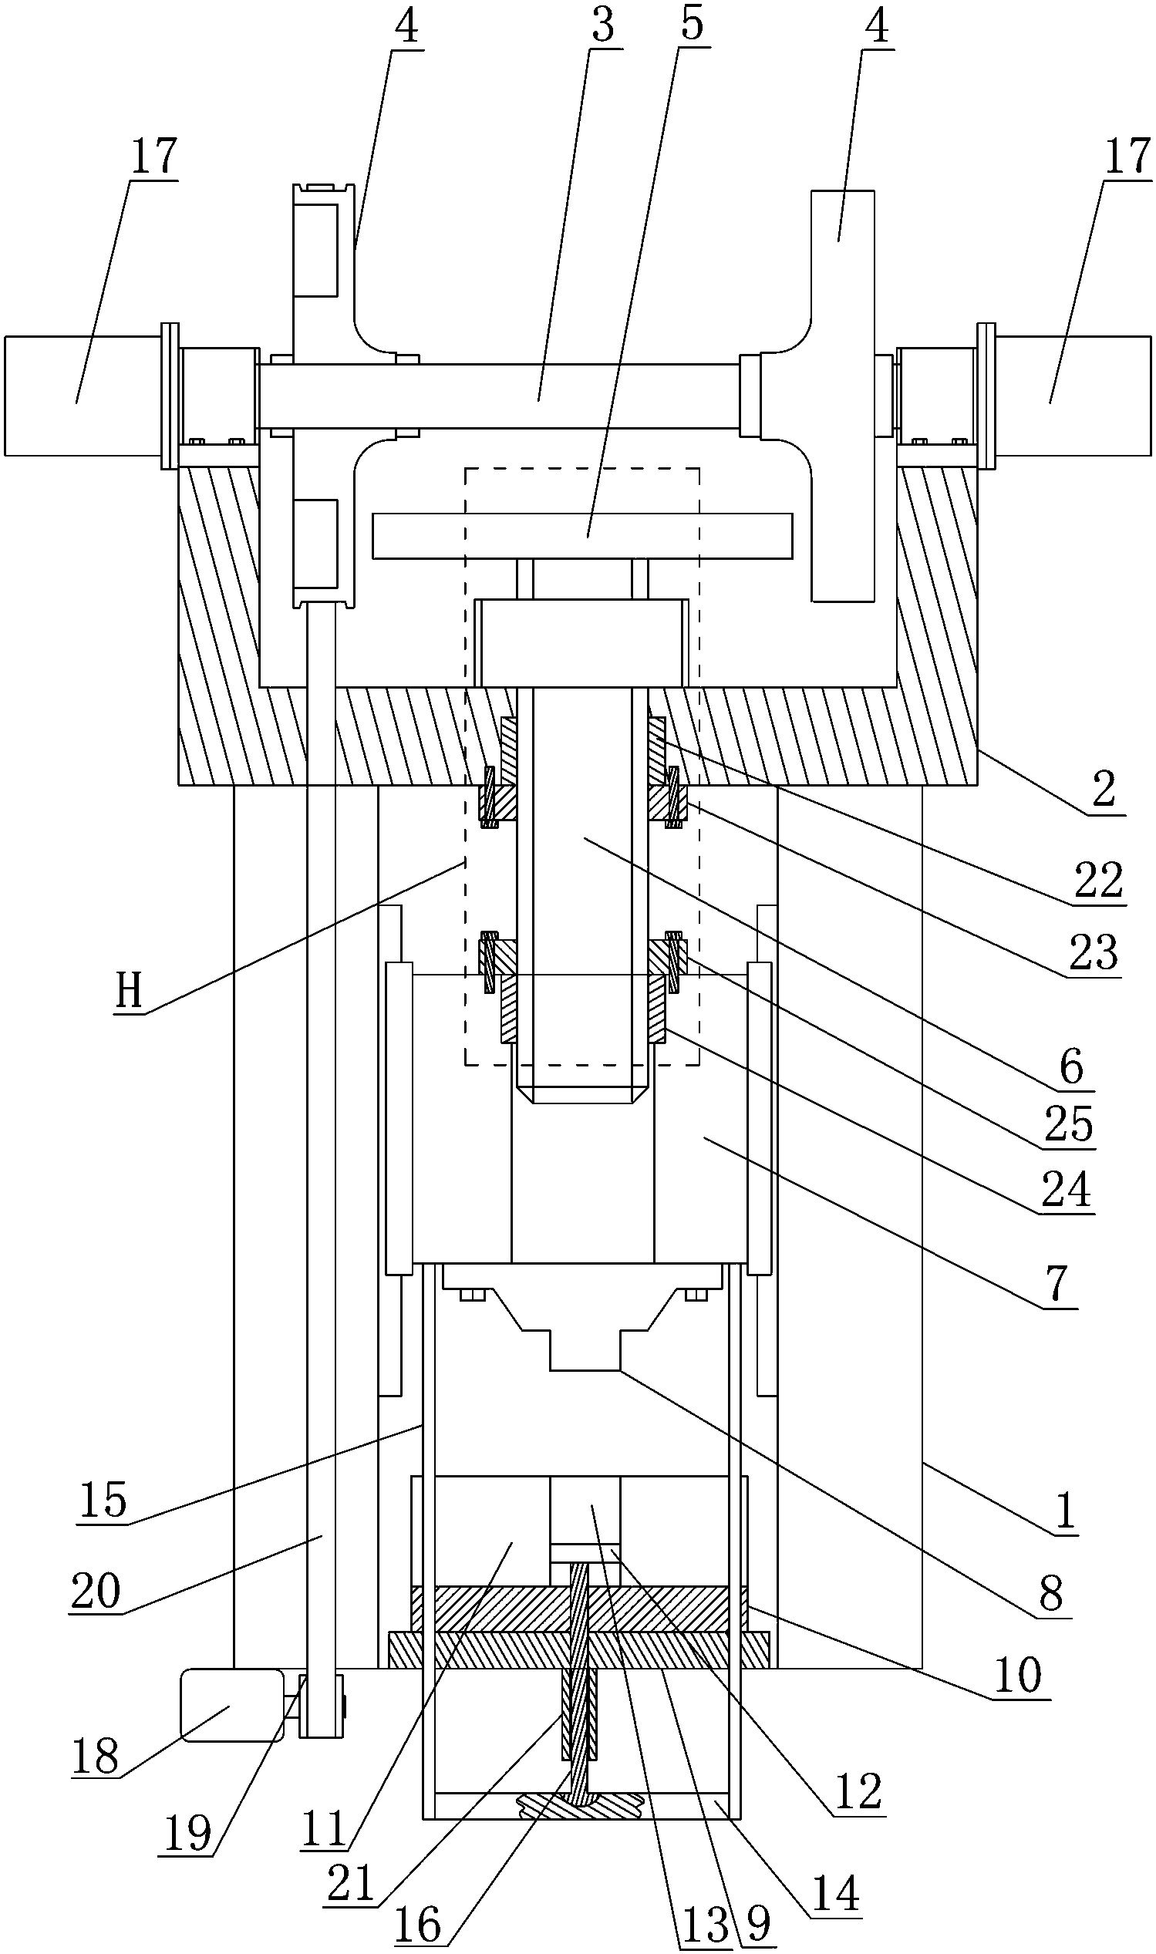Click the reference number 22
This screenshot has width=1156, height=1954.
coord(1098,881)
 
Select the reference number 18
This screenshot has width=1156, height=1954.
coord(95,1756)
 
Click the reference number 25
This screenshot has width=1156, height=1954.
coord(1069,1124)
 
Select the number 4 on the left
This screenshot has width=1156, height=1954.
coord(406,27)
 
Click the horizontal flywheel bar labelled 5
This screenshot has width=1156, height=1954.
coord(582,536)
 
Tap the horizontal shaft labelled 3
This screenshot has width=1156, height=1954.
coord(498,396)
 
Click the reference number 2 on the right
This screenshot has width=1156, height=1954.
coord(1104,790)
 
